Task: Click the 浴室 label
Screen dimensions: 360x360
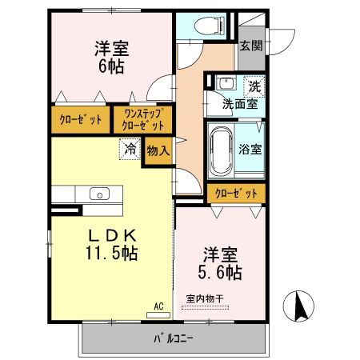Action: (249, 149)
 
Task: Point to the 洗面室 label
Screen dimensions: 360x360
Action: (239, 102)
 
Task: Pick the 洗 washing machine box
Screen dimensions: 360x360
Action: (254, 85)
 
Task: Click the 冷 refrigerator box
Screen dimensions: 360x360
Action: (130, 148)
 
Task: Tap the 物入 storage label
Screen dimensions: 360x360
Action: (158, 150)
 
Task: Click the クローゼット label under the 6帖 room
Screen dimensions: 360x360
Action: (81, 120)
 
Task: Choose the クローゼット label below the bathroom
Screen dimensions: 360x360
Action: (237, 194)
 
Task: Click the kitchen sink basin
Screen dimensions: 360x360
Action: (100, 194)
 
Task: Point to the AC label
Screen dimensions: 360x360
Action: (158, 306)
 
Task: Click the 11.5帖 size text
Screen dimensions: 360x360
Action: (111, 254)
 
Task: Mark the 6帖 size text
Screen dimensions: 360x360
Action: (111, 67)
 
